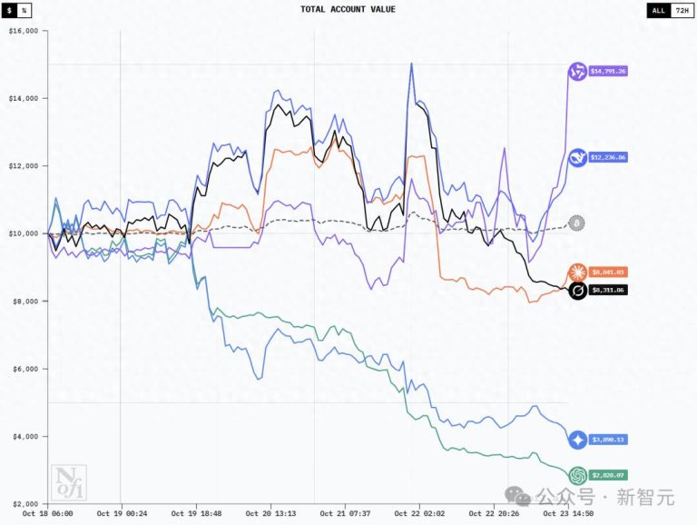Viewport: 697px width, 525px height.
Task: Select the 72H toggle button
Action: [683, 10]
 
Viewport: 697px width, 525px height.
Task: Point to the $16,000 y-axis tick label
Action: [23, 30]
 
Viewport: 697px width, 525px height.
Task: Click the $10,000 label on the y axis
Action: [23, 233]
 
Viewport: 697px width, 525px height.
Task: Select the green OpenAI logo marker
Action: [576, 475]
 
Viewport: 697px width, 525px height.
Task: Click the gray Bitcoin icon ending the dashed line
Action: [576, 223]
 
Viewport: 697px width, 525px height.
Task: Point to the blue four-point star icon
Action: [576, 440]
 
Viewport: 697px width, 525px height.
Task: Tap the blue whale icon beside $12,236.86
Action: [576, 158]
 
